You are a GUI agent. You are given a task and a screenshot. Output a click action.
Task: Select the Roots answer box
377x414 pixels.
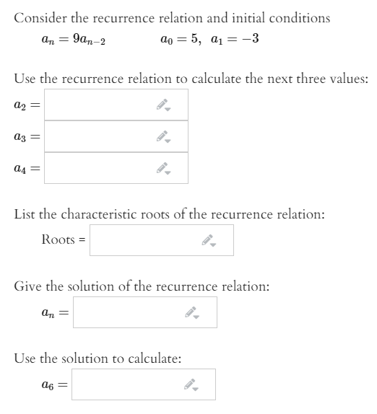point(144,239)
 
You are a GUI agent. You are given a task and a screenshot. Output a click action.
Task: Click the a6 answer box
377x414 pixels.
point(126,384)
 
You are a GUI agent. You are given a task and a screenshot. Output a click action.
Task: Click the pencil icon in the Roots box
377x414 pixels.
point(209,240)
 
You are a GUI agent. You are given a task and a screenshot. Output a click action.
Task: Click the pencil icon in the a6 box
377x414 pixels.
point(191,385)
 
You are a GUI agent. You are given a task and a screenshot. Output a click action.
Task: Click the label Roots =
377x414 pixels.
point(63,239)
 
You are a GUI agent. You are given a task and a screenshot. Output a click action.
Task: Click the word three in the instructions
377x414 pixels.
point(292,79)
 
